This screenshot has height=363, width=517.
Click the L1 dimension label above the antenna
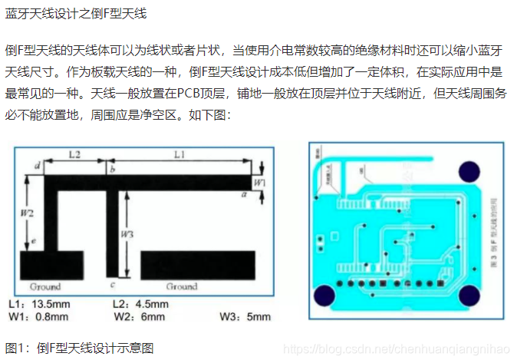coord(179,154)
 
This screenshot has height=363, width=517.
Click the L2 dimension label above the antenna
coord(74,154)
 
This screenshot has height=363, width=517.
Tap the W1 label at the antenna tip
coord(260,183)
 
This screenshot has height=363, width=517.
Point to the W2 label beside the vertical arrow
coord(27,212)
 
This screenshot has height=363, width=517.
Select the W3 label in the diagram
coord(130,233)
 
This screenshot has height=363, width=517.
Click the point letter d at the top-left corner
coord(38,166)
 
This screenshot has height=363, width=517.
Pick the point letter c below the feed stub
coord(113,285)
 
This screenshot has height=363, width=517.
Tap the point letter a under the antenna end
coord(243,195)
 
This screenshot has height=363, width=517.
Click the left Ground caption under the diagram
coord(44,286)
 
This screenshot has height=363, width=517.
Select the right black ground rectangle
coord(197,265)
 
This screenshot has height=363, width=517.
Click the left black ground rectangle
coord(52,265)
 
